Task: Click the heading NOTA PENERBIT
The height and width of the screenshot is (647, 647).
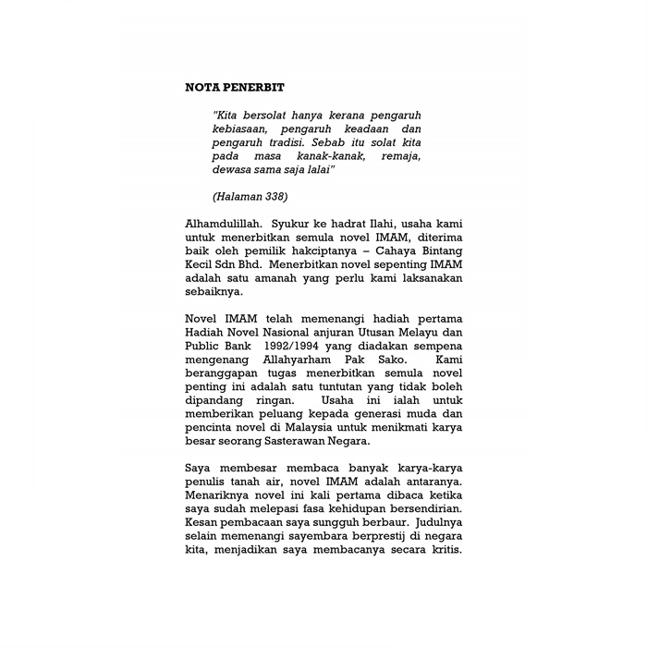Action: (x=235, y=87)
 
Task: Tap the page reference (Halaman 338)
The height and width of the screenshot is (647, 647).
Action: (x=250, y=197)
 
